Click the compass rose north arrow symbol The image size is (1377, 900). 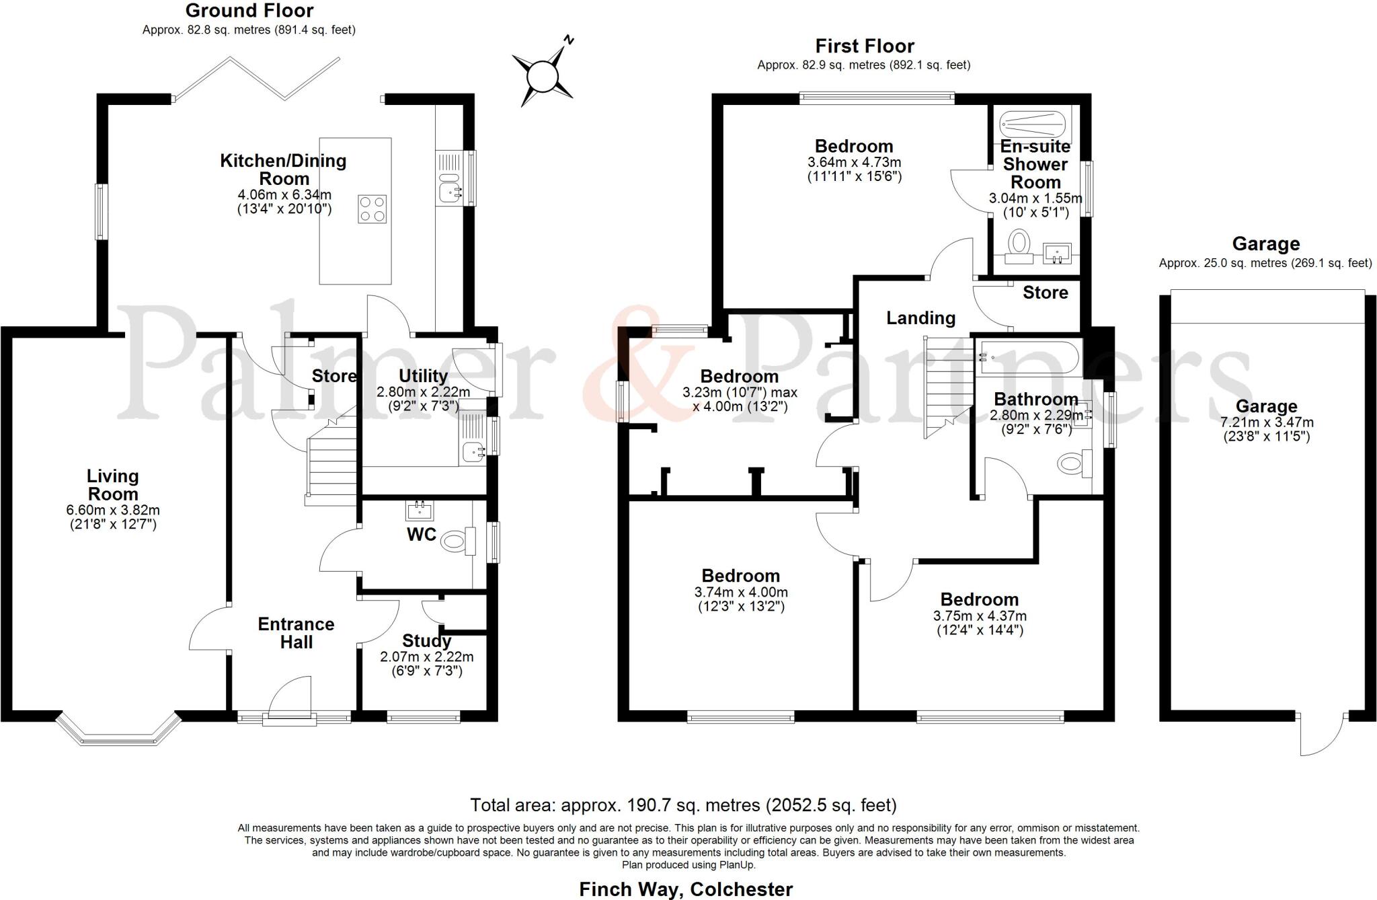[543, 74]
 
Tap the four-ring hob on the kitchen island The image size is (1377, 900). [372, 209]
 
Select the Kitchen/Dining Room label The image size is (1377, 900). [284, 170]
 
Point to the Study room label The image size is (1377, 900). [426, 640]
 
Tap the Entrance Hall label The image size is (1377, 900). [296, 633]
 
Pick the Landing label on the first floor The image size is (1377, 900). [920, 317]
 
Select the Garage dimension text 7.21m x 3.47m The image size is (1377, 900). [1267, 423]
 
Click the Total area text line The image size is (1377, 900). [683, 805]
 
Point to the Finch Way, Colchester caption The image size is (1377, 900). [686, 889]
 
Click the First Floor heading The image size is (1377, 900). [865, 46]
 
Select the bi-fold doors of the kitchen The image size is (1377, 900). [255, 79]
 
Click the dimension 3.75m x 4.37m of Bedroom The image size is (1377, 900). [980, 616]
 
